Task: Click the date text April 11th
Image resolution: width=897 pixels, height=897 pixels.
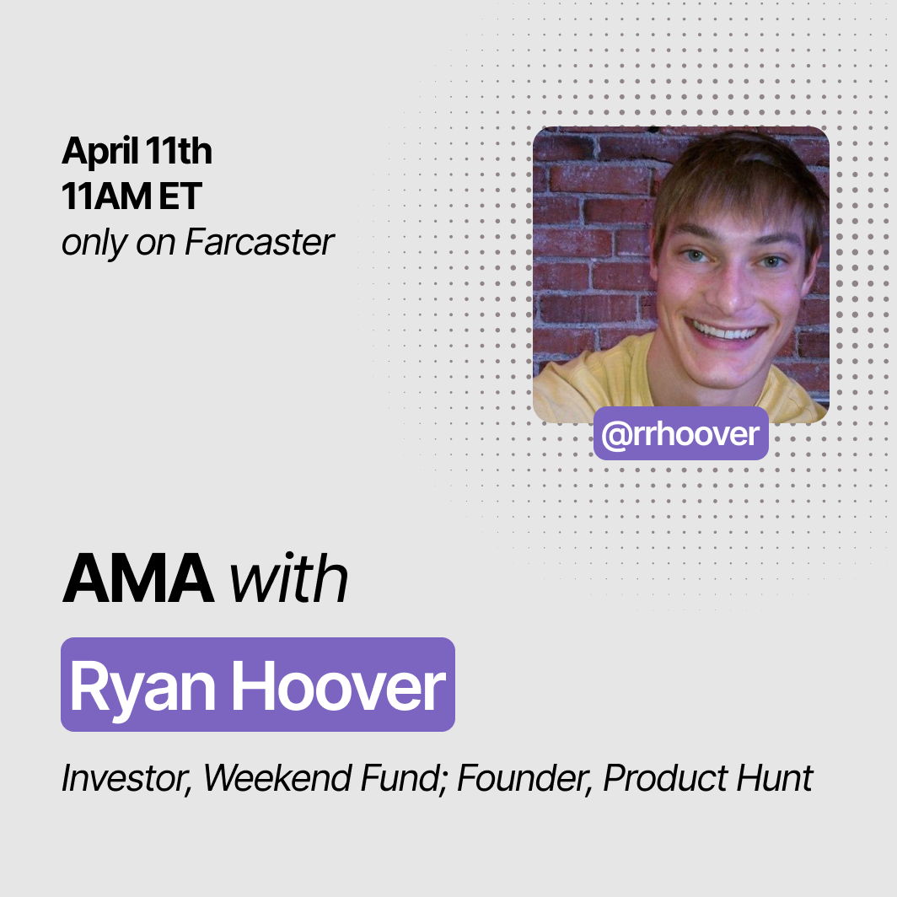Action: pos(137,151)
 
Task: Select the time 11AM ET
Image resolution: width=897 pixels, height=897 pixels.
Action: pos(132,196)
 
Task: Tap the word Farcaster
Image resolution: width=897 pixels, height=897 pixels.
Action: pos(259,242)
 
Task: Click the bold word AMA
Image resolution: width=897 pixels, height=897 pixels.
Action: pos(137,577)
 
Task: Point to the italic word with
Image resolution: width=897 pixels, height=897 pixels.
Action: pos(289,577)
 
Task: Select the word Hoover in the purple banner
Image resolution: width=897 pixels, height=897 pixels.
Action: pos(338,685)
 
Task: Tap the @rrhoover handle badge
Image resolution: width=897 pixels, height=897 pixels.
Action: pos(681,433)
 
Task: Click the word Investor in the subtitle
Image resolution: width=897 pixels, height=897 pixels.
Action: pos(126,778)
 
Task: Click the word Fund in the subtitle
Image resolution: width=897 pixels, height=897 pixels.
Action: pos(404,778)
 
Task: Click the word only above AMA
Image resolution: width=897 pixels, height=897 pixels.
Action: pos(94,243)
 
